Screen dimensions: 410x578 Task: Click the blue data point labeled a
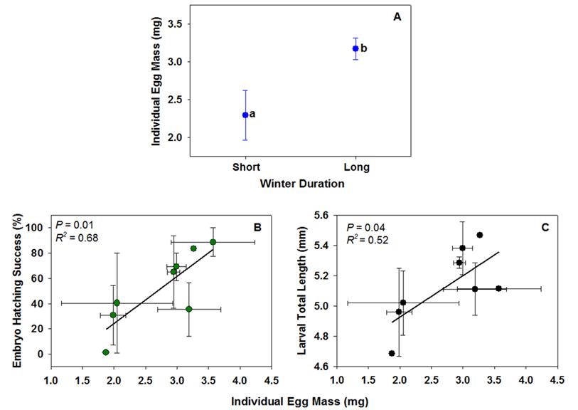[245, 115]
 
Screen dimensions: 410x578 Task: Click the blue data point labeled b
[355, 48]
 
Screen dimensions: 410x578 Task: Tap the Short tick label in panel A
[245, 167]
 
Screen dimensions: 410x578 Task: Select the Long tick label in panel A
[355, 167]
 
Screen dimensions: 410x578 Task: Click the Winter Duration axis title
[301, 184]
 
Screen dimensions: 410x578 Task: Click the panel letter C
[545, 228]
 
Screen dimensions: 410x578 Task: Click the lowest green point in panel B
[106, 352]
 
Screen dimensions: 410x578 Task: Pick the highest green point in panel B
[213, 242]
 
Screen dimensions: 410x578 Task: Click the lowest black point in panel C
[392, 353]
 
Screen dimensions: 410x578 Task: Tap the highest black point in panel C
[480, 235]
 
